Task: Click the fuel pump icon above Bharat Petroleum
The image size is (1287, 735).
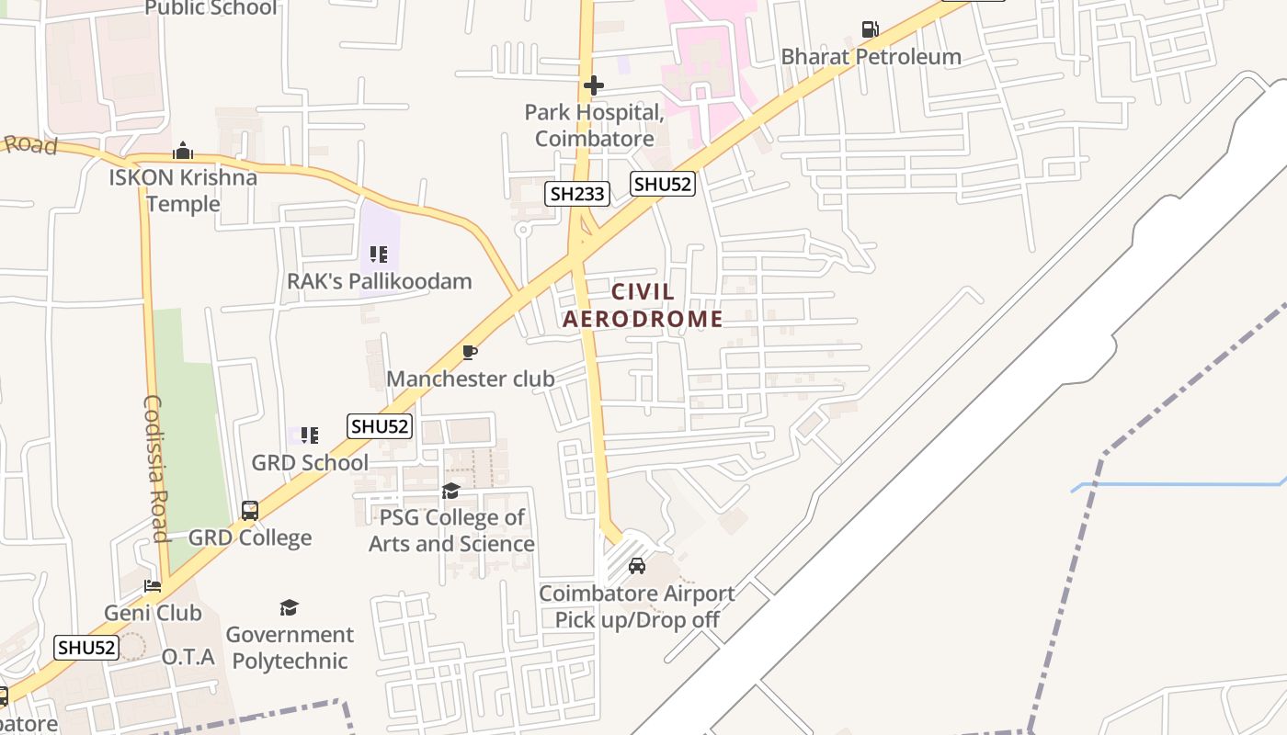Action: [x=870, y=29]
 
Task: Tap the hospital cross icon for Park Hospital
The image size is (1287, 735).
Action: [x=594, y=85]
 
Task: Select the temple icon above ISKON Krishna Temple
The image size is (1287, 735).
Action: [x=183, y=151]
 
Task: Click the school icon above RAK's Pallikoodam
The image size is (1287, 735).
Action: [x=379, y=254]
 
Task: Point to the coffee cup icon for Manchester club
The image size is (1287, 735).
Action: [x=470, y=352]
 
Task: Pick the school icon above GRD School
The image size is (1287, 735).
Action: [x=310, y=435]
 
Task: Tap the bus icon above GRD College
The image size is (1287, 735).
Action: [x=249, y=510]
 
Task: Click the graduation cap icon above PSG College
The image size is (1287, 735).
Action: [x=450, y=492]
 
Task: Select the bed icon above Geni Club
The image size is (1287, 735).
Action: [x=153, y=586]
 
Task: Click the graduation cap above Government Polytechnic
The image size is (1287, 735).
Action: [x=289, y=607]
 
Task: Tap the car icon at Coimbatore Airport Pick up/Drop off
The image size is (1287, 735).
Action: [x=636, y=566]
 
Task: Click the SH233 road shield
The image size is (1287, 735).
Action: [x=577, y=193]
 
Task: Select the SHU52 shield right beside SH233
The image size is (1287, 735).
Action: [x=662, y=184]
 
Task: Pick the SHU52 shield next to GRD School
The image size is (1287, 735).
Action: [x=380, y=426]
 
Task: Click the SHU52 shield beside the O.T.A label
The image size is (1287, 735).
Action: [x=86, y=647]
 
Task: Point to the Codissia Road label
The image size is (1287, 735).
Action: [x=154, y=469]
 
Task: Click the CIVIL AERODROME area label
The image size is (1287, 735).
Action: [x=643, y=306]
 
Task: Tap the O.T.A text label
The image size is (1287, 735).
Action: [x=188, y=657]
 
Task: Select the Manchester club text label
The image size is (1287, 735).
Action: [x=470, y=379]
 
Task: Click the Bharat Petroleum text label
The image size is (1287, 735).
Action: [x=871, y=56]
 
